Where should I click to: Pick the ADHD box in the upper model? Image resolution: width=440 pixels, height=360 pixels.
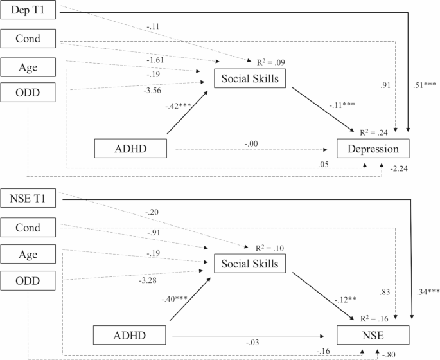[131, 149]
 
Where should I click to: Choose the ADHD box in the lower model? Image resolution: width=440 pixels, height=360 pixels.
[131, 335]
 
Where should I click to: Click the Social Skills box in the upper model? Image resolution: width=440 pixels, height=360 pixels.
[250, 78]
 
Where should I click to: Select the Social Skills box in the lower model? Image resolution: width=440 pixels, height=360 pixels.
[250, 264]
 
